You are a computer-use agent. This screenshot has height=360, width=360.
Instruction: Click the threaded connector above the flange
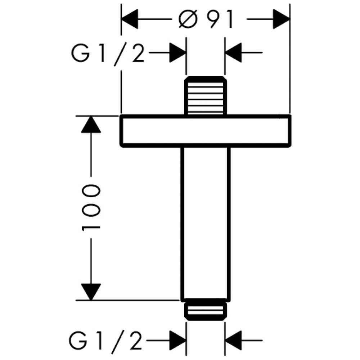206,96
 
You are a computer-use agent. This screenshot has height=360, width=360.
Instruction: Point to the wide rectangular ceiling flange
205,131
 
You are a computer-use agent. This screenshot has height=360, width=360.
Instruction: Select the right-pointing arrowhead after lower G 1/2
178,339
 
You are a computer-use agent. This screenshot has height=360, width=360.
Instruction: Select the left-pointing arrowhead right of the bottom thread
233,339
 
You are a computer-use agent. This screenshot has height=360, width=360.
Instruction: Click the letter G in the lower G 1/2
79,339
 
